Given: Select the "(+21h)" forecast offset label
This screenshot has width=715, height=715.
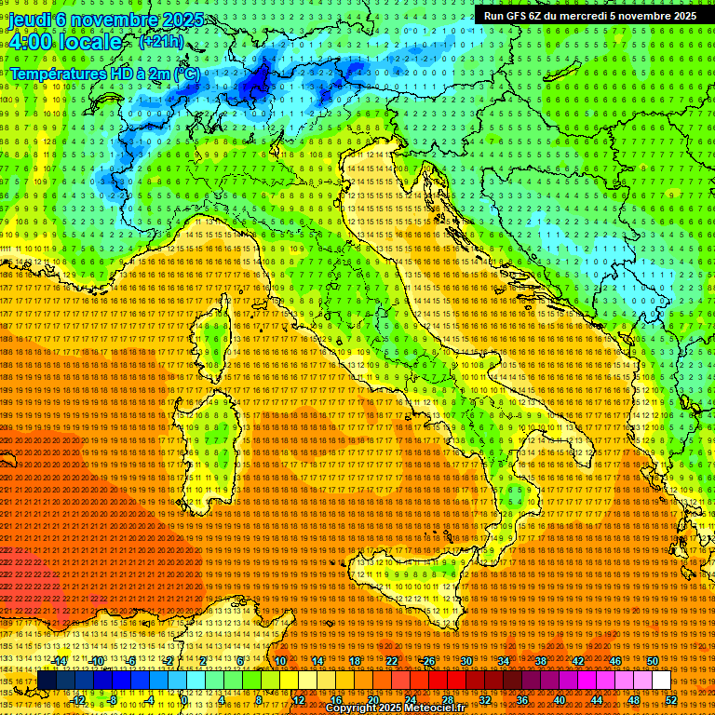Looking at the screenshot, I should pyautogui.click(x=161, y=43).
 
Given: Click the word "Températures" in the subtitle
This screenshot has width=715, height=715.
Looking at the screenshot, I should pyautogui.click(x=58, y=73).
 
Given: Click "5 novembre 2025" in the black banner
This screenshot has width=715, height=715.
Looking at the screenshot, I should pyautogui.click(x=653, y=16).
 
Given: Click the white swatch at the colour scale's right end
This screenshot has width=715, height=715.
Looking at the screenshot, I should pyautogui.click(x=661, y=681).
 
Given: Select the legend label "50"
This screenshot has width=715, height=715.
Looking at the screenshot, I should pyautogui.click(x=652, y=661).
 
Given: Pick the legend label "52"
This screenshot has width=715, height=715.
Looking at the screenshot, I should pyautogui.click(x=670, y=699).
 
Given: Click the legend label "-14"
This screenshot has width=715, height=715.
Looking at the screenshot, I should pyautogui.click(x=60, y=661).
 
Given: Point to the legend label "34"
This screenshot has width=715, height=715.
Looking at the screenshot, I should pyautogui.click(x=504, y=661).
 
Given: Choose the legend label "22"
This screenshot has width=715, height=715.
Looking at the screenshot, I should pyautogui.click(x=392, y=661).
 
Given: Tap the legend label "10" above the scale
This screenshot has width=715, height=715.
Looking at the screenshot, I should pyautogui.click(x=280, y=661).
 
